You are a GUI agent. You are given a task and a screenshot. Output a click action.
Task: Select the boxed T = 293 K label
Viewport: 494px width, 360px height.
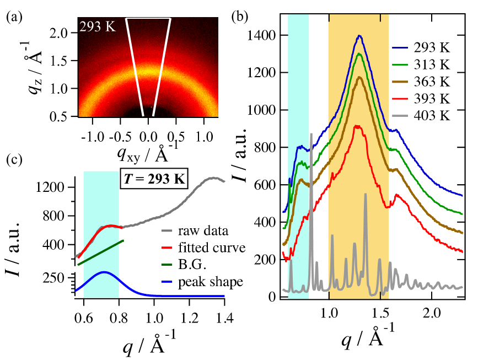(x=155, y=180)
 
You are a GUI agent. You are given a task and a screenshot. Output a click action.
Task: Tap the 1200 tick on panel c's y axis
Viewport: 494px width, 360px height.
(x=56, y=187)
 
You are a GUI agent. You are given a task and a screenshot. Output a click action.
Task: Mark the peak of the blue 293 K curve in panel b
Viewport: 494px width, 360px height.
(x=359, y=36)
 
